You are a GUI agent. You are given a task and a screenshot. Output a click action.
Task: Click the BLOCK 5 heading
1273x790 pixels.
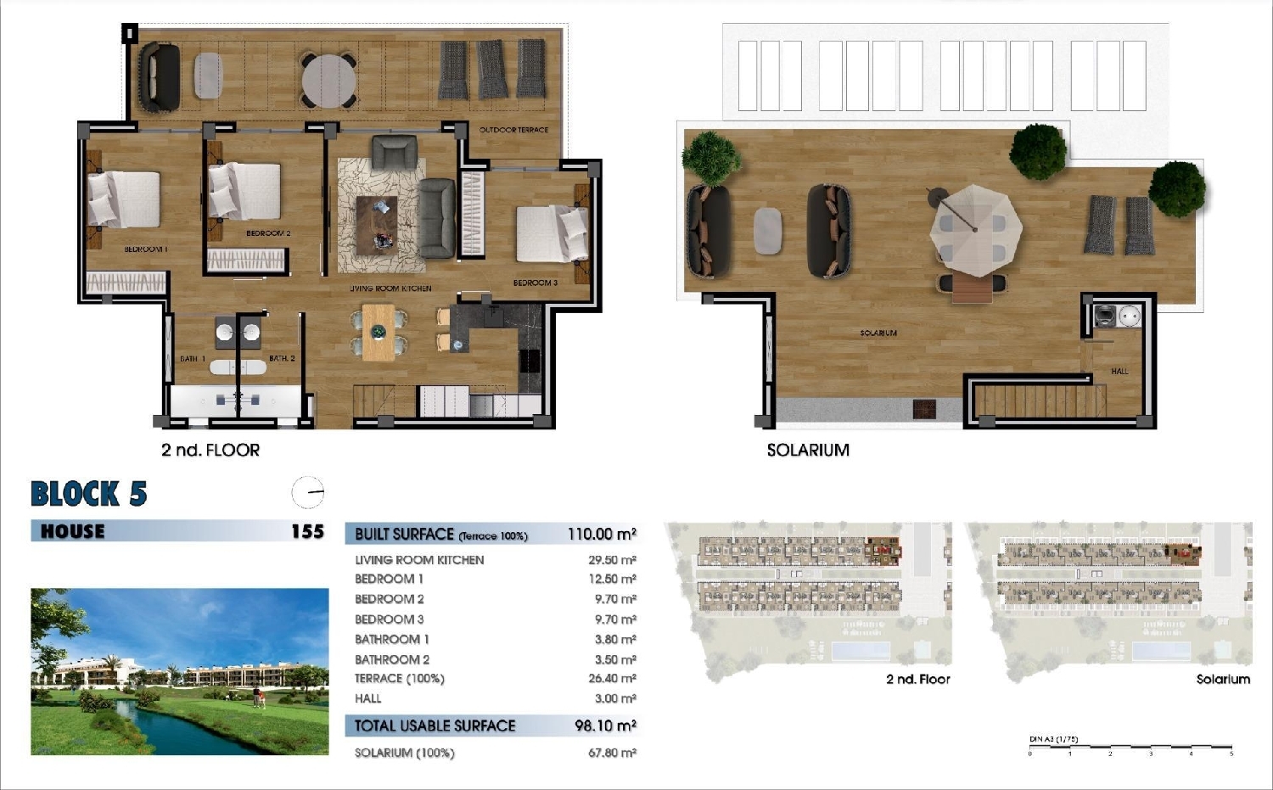click(88, 494)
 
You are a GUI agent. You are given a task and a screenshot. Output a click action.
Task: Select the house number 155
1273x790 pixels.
click(307, 532)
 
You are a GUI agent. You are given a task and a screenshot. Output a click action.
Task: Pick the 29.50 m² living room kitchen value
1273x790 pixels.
click(612, 560)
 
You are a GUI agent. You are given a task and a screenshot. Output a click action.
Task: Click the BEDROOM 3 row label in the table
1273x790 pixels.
click(389, 619)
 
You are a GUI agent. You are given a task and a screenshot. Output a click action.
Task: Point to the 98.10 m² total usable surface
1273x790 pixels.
click(605, 726)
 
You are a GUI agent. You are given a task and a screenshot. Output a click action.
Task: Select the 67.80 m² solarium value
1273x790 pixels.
click(612, 753)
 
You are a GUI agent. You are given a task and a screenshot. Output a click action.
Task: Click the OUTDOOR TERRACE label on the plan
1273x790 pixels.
click(513, 130)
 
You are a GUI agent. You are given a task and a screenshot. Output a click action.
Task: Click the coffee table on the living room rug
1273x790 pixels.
click(376, 223)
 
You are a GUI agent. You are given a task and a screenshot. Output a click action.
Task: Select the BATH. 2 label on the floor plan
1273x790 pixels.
click(282, 359)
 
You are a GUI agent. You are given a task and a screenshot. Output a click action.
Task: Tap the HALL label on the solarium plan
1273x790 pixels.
click(1119, 371)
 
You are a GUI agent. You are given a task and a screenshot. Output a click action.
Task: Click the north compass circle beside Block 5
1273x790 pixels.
click(308, 492)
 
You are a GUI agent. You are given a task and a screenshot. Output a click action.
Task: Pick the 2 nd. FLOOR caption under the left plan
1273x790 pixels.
click(210, 451)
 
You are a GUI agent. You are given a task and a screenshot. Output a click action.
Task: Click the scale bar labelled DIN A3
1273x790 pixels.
click(1130, 748)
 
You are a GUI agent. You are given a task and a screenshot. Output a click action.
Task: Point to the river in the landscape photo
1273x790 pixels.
click(187, 730)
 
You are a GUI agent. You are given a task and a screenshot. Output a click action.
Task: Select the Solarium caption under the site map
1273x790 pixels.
click(1222, 679)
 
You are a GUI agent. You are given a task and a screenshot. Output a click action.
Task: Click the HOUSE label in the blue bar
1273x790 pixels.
click(73, 532)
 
